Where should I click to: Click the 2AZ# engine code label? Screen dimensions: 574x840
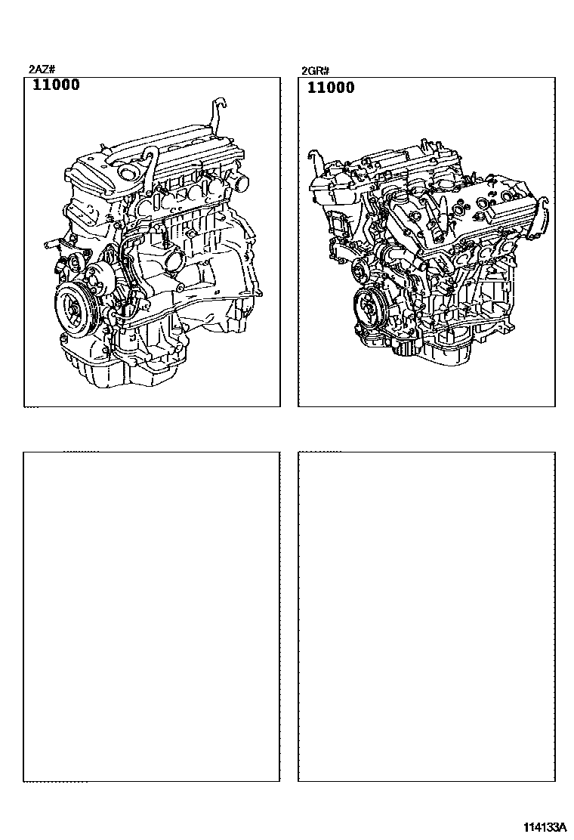click(x=42, y=69)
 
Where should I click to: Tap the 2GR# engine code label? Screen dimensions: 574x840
click(x=316, y=70)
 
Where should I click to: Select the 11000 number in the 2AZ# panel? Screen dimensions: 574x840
click(x=56, y=85)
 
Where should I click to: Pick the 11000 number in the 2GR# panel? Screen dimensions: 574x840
click(x=331, y=88)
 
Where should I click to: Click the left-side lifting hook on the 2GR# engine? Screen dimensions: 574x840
click(x=314, y=162)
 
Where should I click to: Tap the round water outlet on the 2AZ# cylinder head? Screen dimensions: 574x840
click(x=240, y=181)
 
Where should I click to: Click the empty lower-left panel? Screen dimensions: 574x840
click(x=151, y=616)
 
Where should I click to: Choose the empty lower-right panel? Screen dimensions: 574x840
click(x=426, y=616)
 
